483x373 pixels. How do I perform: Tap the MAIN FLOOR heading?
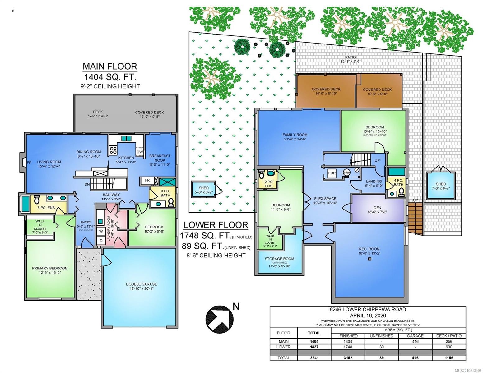click(x=110, y=67)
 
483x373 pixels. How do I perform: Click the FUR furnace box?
click(x=332, y=173)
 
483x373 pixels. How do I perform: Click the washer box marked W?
click(x=101, y=231)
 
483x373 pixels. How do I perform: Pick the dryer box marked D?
click(x=101, y=241)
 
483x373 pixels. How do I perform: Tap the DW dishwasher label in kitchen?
click(x=140, y=152)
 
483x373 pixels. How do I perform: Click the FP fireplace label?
click(x=29, y=163)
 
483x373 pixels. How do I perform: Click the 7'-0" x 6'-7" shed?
click(x=440, y=186)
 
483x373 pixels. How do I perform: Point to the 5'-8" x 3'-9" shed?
click(x=204, y=190)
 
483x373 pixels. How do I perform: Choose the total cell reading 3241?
click(x=314, y=357)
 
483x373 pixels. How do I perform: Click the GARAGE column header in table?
click(x=415, y=336)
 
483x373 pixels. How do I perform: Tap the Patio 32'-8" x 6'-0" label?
click(x=350, y=59)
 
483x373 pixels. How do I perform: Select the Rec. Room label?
click(x=369, y=251)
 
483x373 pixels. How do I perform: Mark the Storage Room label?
click(x=279, y=261)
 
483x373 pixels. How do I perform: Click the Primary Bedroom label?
click(x=50, y=270)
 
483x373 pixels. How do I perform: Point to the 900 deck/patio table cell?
click(x=448, y=347)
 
